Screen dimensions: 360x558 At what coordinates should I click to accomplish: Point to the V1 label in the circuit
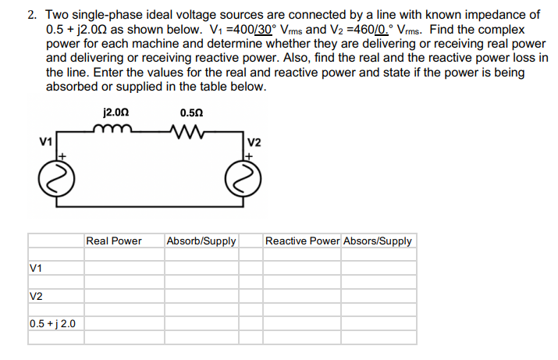pyautogui.click(x=45, y=142)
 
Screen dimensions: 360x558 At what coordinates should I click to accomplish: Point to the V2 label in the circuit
pyautogui.click(x=254, y=142)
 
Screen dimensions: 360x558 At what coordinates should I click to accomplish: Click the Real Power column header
pyautogui.click(x=114, y=241)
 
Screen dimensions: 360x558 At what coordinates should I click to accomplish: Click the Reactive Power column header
pyautogui.click(x=302, y=241)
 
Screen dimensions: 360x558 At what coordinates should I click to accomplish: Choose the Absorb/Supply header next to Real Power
pyautogui.click(x=201, y=241)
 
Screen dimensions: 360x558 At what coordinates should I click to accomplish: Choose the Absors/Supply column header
pyautogui.click(x=378, y=241)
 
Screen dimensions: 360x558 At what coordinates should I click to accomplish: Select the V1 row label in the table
pyautogui.click(x=35, y=268)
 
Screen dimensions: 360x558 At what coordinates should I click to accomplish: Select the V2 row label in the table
pyautogui.click(x=35, y=295)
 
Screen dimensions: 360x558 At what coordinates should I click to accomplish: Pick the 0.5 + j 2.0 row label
pyautogui.click(x=53, y=323)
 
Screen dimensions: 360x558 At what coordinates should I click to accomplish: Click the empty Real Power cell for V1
pyautogui.click(x=123, y=268)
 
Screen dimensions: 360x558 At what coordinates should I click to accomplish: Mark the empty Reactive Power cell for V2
pyautogui.click(x=302, y=295)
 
